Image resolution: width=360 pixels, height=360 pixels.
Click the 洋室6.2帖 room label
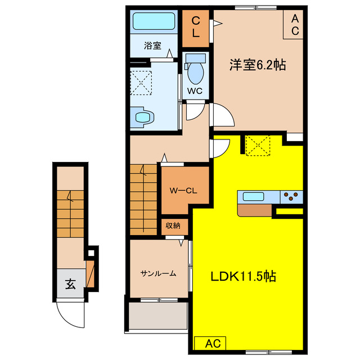[x=257, y=65]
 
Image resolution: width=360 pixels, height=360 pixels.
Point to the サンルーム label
[x=158, y=274]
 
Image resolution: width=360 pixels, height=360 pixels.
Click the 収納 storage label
[x=173, y=226]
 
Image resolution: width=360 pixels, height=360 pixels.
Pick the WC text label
[x=195, y=91]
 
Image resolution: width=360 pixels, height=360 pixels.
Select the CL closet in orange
[x=195, y=27]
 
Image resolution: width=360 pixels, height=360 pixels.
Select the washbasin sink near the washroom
[x=145, y=117]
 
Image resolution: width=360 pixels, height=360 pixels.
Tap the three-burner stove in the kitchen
[x=291, y=197]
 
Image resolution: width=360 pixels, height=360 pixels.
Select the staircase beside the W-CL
[x=145, y=197]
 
